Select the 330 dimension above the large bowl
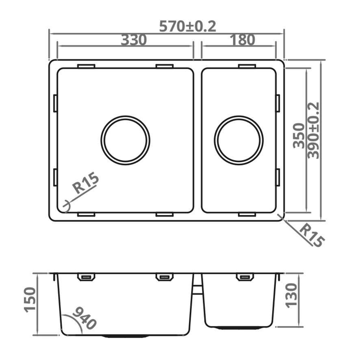coord(134,40)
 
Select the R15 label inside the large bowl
coord(85,184)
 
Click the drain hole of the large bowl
coord(125,140)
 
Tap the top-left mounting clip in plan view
coord(86,66)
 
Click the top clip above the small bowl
coord(247,66)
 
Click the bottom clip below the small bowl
coord(247,214)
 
